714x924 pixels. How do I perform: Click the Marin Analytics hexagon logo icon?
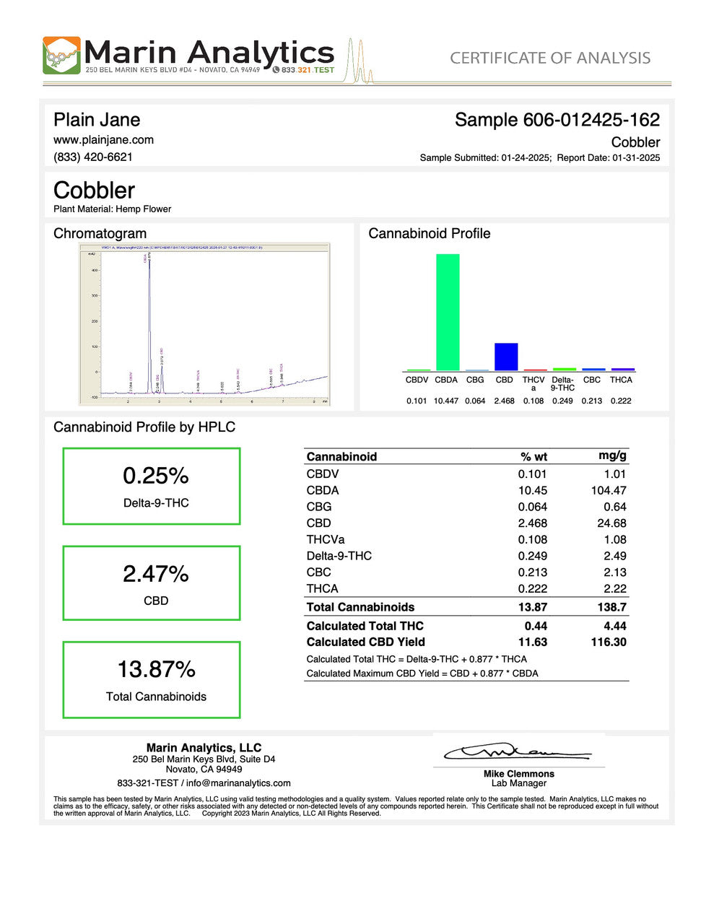61,56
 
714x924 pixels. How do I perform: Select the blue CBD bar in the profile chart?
505,357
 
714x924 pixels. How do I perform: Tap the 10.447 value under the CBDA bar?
446,401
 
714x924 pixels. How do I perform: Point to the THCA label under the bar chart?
621,380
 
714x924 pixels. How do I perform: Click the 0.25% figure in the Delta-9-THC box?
155,476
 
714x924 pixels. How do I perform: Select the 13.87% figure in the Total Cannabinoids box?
156,669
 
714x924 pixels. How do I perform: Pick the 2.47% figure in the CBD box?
155,574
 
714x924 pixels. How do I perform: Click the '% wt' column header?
534,456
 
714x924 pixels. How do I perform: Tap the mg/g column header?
612,456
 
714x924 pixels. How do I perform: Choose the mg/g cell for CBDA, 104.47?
609,490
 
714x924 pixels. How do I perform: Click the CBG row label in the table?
319,507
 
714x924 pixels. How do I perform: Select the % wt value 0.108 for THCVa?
532,539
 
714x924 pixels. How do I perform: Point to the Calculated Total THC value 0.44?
536,626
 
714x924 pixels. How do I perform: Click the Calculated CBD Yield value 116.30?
608,642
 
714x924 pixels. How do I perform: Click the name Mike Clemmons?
518,774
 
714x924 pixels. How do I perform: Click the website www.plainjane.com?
103,139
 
